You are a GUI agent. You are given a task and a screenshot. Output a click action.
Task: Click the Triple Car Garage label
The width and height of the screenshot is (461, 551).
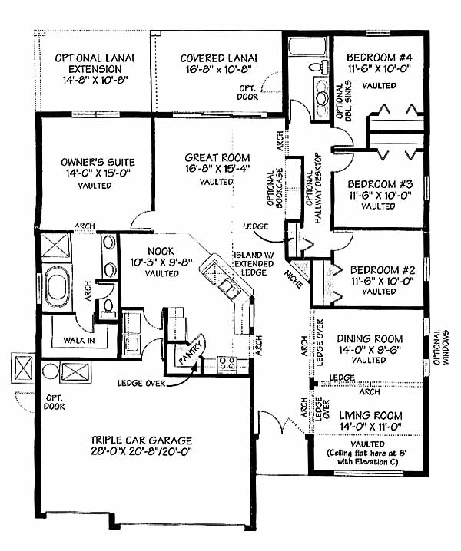tap(141, 440)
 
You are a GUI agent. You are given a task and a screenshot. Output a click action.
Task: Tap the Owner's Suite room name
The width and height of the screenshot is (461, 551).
tap(98, 162)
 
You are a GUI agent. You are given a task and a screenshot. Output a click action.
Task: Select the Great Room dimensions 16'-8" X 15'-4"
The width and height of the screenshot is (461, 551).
tap(217, 169)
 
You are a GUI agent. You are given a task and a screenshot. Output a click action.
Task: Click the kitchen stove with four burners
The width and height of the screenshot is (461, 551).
tap(227, 364)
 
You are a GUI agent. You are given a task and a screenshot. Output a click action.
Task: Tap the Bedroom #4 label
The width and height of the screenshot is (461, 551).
tap(380, 58)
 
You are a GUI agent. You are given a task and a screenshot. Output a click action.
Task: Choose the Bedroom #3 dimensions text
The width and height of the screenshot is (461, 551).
tap(380, 195)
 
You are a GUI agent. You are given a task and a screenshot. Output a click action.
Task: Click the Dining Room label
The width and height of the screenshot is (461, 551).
tap(370, 338)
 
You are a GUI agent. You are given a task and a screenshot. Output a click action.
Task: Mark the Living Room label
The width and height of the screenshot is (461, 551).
tap(370, 416)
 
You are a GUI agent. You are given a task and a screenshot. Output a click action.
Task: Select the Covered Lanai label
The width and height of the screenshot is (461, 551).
tap(218, 58)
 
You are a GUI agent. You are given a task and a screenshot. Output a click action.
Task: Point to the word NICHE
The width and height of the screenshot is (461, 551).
tap(294, 279)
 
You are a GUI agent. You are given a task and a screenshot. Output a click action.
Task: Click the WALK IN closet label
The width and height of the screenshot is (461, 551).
tap(79, 340)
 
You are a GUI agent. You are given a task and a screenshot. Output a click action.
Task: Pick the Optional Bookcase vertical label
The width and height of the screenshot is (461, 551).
tap(275, 188)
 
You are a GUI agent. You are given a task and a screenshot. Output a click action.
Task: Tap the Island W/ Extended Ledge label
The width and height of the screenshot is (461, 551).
tap(254, 263)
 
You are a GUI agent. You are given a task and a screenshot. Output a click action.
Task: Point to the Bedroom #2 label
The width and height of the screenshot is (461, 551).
tap(383, 270)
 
